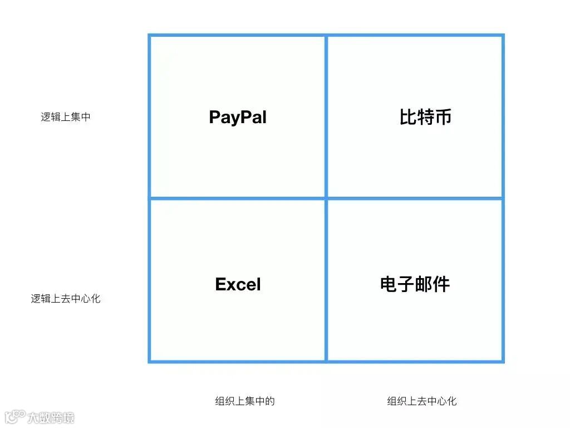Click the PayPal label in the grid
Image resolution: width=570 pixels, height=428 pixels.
(x=238, y=118)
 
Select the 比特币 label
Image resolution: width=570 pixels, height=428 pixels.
(x=425, y=117)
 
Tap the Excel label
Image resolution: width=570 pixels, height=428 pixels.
(x=238, y=285)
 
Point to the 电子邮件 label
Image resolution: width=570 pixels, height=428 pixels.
(x=415, y=284)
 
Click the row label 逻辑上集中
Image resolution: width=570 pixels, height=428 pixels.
(x=66, y=118)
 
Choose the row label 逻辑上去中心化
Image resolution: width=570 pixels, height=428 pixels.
(x=66, y=299)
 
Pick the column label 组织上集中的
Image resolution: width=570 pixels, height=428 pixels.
(x=245, y=401)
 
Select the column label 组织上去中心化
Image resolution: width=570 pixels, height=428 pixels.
(x=422, y=401)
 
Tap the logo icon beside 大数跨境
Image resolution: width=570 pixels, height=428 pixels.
(x=15, y=417)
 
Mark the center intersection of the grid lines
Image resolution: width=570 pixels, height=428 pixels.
(x=326, y=198)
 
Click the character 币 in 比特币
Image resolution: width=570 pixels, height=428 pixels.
(x=443, y=117)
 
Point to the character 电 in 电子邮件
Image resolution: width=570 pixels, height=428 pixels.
(x=389, y=284)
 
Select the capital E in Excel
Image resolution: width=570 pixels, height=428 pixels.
(x=220, y=285)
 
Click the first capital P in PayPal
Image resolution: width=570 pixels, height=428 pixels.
(x=215, y=118)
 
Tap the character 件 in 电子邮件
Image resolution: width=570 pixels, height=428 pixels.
(x=441, y=284)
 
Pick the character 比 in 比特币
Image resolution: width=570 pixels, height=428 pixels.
(x=408, y=117)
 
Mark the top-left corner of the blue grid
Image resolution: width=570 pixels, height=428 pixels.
(x=149, y=35)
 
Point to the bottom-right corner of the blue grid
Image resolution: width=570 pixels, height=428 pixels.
(x=503, y=362)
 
